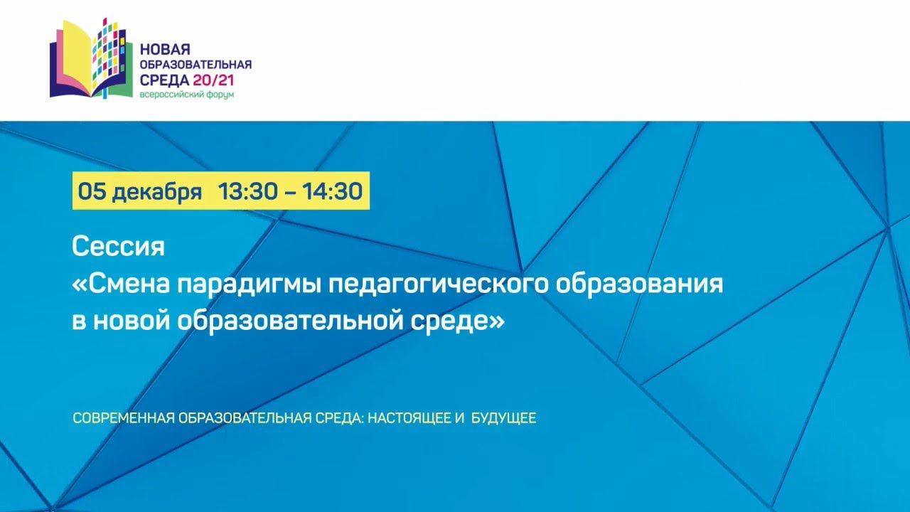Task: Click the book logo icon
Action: click(x=91, y=58)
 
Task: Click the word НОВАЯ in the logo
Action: click(x=165, y=50)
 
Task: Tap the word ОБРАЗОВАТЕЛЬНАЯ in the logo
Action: click(x=196, y=65)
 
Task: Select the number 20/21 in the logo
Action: click(x=214, y=80)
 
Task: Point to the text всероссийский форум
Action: click(x=187, y=95)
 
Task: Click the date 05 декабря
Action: click(x=140, y=191)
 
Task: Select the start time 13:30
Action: click(x=248, y=191)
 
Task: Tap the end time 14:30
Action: click(x=332, y=191)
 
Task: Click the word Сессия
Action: click(x=118, y=246)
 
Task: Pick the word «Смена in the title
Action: click(x=121, y=284)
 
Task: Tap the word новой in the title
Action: click(x=132, y=321)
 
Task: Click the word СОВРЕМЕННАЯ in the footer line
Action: click(x=124, y=418)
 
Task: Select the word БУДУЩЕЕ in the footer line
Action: click(x=504, y=418)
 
